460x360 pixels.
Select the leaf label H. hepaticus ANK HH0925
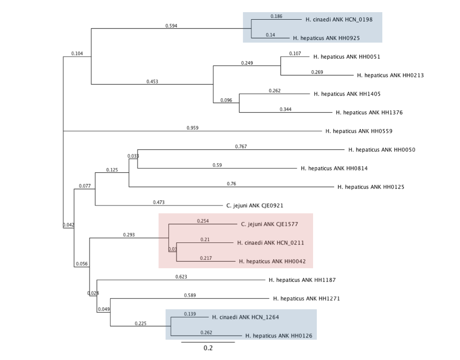click(x=326, y=38)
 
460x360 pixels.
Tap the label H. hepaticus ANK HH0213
click(x=390, y=75)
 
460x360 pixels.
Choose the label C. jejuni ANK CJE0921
click(x=255, y=205)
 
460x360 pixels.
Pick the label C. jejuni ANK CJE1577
click(x=270, y=224)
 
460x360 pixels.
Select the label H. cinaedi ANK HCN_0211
click(x=268, y=243)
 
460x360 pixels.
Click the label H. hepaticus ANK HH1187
click(x=302, y=280)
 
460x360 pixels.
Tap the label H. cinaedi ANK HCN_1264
click(x=245, y=317)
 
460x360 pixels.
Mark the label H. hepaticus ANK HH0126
click(x=278, y=336)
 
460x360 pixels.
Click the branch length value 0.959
click(x=192, y=128)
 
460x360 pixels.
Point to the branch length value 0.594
click(x=171, y=25)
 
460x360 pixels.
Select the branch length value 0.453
click(x=152, y=81)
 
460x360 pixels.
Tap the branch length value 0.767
click(x=241, y=147)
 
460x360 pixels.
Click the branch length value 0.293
click(x=129, y=235)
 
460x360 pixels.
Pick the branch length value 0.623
click(x=181, y=277)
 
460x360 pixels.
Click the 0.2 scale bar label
click(x=208, y=348)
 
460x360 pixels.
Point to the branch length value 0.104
click(x=77, y=53)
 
